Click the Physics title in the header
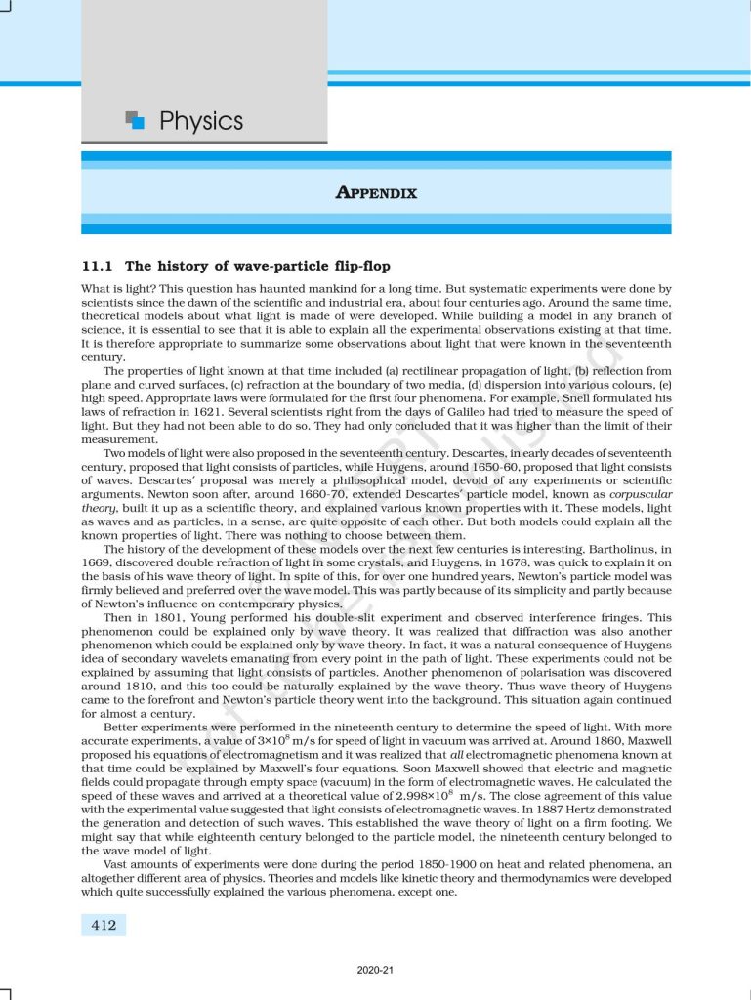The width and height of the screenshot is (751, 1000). [200, 122]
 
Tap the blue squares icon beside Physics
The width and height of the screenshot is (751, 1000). [136, 120]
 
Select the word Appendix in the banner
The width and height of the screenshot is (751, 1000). [376, 193]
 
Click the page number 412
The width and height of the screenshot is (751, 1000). [103, 924]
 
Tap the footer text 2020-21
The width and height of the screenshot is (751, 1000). [376, 971]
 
